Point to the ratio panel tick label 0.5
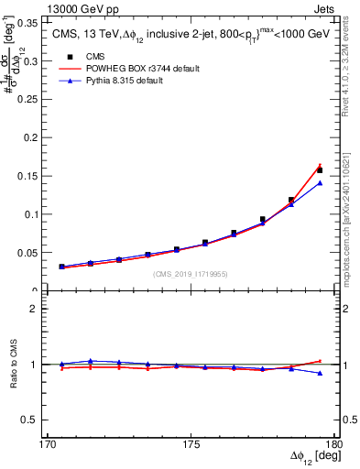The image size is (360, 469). click(x=28, y=420)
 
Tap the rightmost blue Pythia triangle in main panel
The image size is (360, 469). click(x=320, y=183)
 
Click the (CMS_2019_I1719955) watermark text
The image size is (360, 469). click(x=191, y=274)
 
